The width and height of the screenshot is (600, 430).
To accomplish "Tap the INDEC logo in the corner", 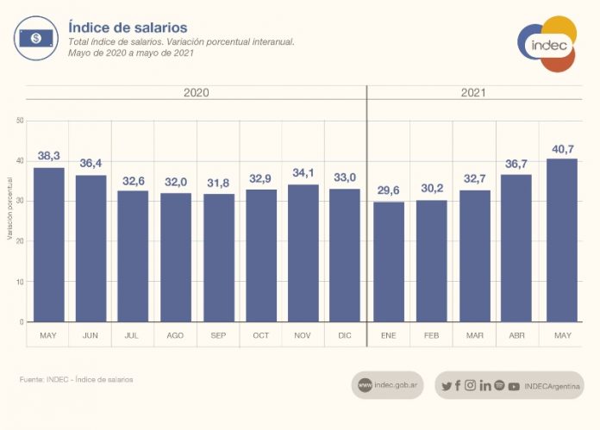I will coord(547,43).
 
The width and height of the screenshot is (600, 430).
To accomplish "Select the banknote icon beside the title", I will coord(35,38).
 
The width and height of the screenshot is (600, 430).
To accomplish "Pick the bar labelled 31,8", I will coord(219,258).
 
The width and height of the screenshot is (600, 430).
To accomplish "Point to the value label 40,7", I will coord(563,149).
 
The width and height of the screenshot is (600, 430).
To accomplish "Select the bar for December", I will coord(345,255).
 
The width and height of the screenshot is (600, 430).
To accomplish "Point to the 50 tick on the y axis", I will coord(19,121).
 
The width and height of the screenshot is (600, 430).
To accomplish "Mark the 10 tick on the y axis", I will coord(19,282).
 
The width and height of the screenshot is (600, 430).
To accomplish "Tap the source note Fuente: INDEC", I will coord(76,379).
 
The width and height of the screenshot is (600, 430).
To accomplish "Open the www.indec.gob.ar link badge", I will coord(387,385).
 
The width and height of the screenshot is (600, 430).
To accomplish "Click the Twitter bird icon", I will coord(446,385).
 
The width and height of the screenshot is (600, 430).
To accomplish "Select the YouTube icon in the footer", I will coord(514,386).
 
